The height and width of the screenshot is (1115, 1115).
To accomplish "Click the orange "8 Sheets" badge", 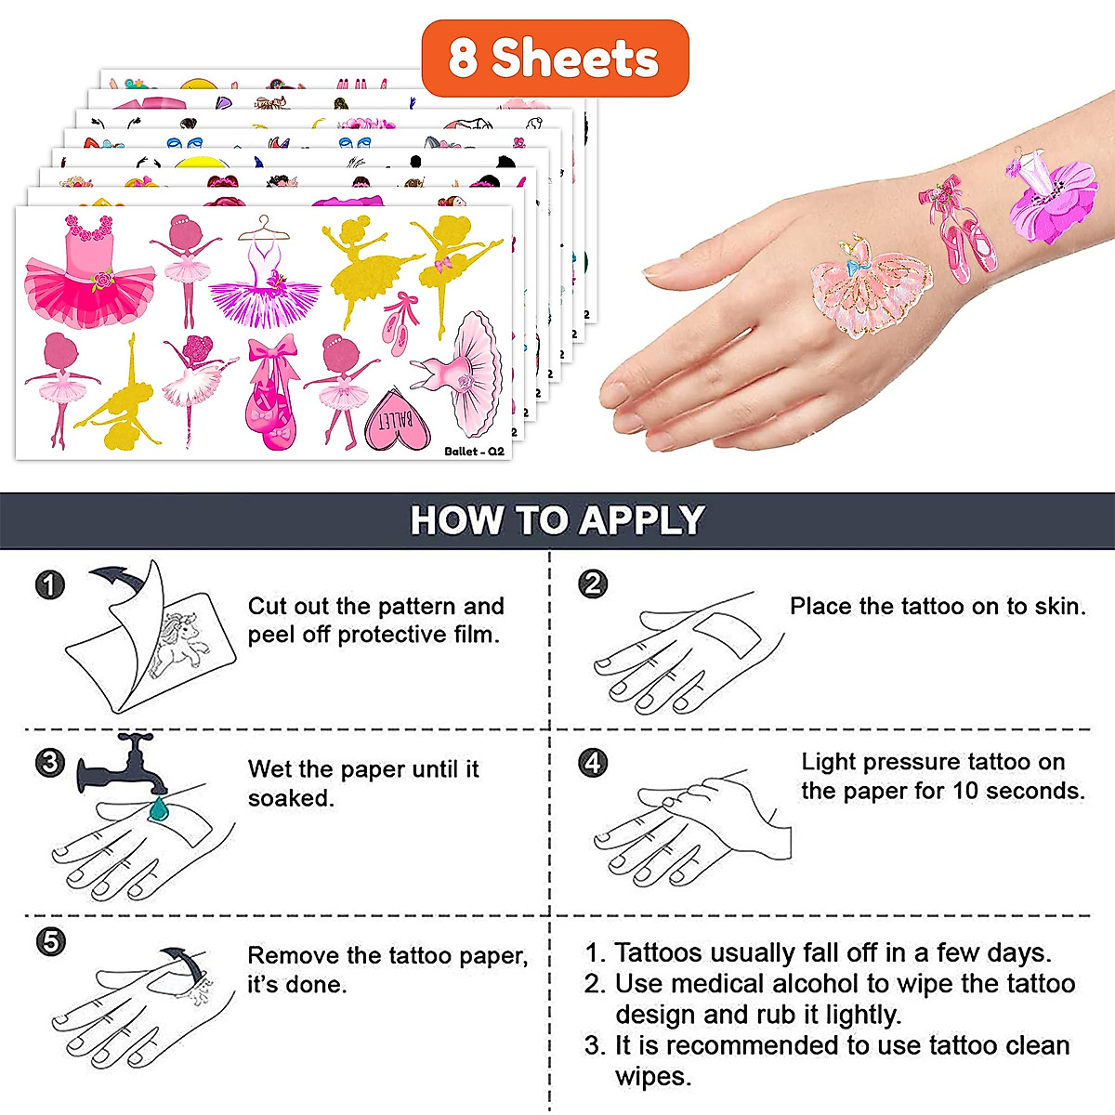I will click(x=555, y=59).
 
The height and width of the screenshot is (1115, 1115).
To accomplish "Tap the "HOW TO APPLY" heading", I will click(x=557, y=520).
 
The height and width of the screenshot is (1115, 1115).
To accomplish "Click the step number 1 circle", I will click(x=50, y=584).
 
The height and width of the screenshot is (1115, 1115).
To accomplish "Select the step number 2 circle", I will click(x=593, y=584).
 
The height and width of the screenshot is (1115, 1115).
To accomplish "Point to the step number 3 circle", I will click(x=50, y=763).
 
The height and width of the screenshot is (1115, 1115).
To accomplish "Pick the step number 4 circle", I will click(x=593, y=763).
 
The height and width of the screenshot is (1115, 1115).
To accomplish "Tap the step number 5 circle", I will click(x=50, y=941).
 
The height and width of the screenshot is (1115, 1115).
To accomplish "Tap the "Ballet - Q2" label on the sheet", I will click(x=474, y=451).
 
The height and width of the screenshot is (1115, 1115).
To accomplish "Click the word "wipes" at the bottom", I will click(x=652, y=1077).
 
